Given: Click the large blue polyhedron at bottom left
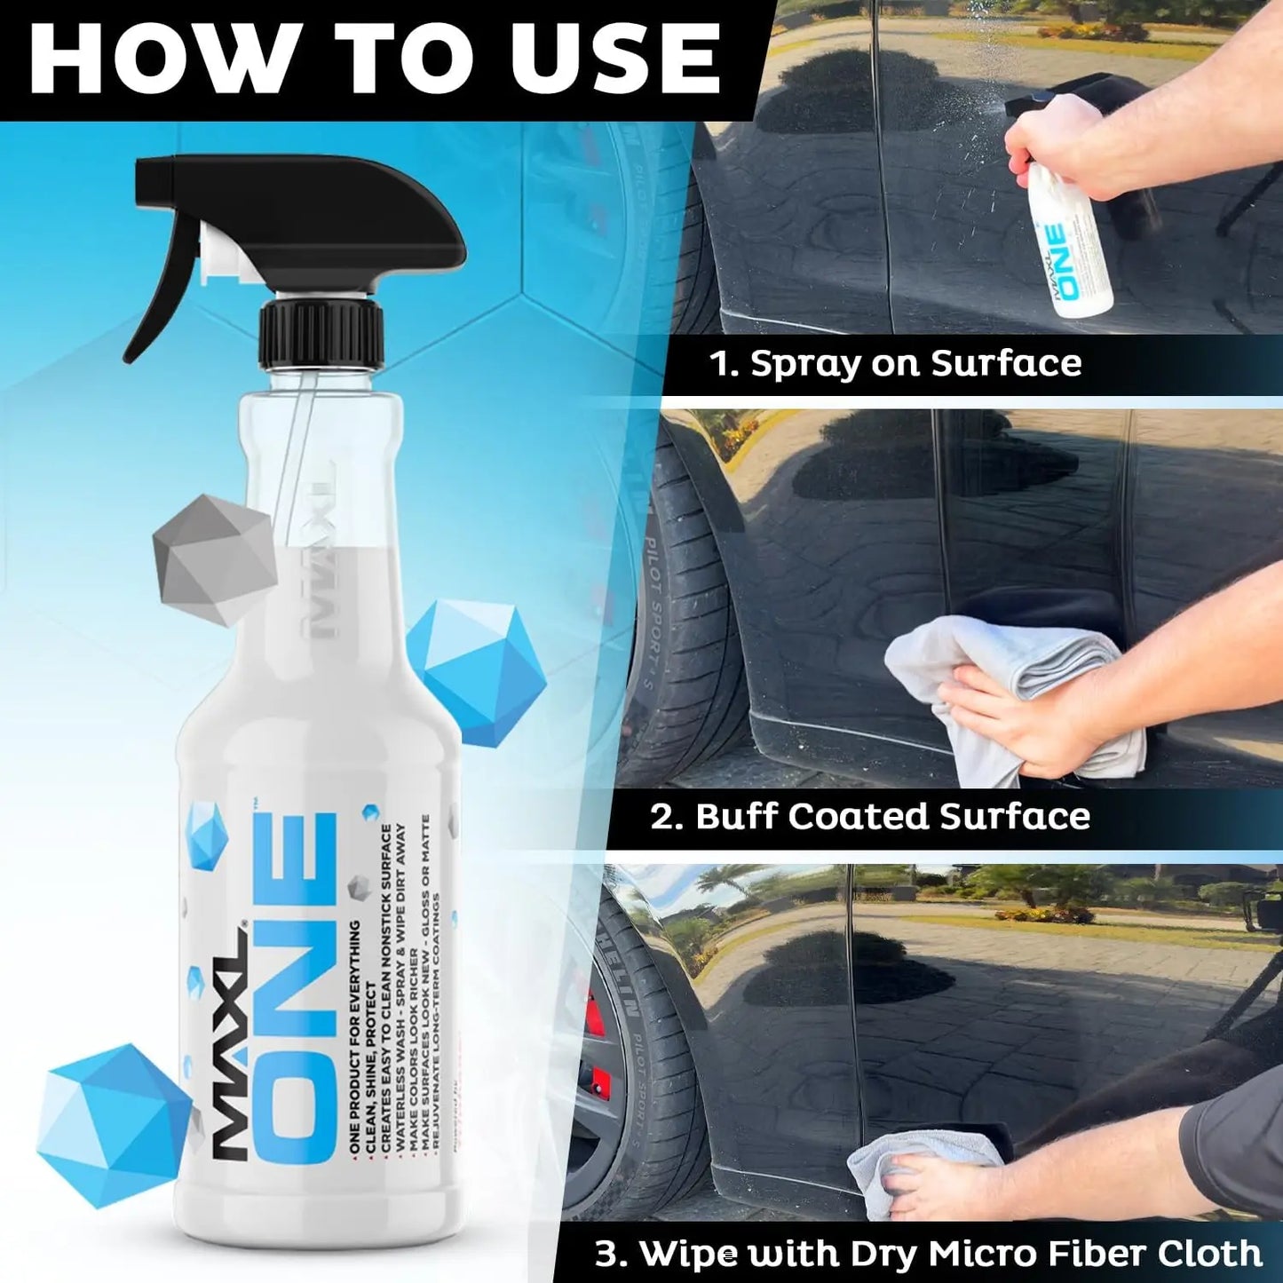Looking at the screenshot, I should [x=111, y=1123].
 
